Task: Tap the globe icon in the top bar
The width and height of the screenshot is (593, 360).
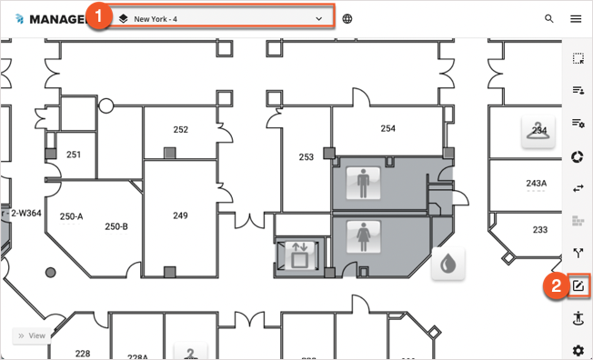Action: pos(347,18)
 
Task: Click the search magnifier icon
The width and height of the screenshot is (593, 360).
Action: pos(548,18)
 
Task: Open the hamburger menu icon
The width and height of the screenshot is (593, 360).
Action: pos(576,18)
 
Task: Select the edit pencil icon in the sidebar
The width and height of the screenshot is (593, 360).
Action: pos(578,286)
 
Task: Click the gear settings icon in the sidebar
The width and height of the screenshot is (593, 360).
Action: pos(578,350)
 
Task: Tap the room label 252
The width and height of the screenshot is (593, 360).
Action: pos(181,130)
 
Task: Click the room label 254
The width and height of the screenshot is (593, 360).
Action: pos(388,129)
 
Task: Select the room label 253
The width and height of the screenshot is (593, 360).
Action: pos(307,157)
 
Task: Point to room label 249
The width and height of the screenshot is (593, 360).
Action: pos(181,215)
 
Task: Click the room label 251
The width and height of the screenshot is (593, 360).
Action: pos(74,155)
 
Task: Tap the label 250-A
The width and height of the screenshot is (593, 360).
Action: pos(71,216)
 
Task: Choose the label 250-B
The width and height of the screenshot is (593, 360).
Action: pos(116,226)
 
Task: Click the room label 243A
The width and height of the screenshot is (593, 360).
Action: pos(537,184)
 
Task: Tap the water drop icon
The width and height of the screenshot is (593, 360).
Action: pos(448,265)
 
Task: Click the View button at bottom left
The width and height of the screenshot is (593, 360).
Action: pos(31,335)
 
